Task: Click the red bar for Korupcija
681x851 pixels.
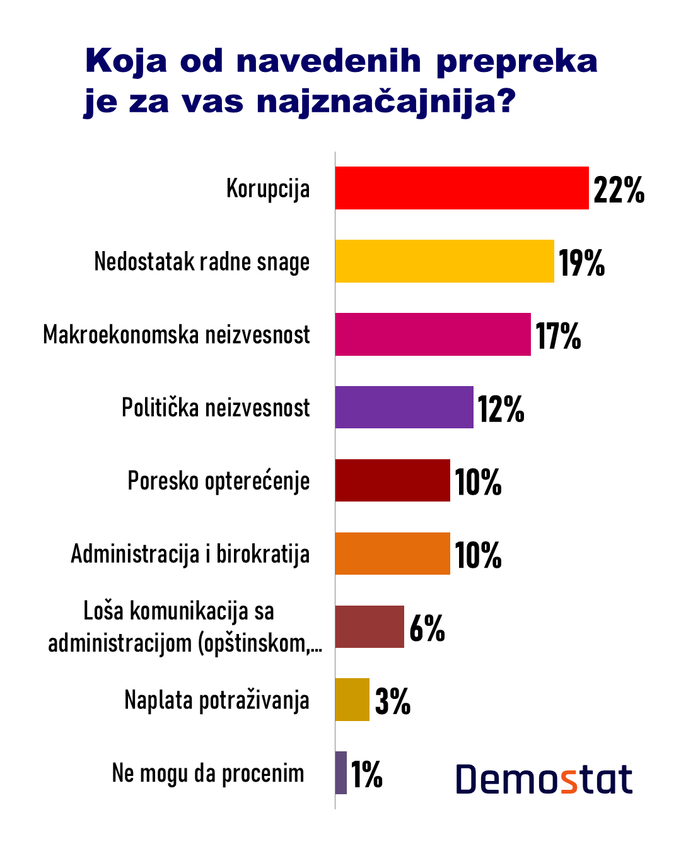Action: tap(462, 188)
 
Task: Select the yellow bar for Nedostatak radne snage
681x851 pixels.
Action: tap(445, 261)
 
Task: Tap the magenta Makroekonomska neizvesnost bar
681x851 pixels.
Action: tap(433, 334)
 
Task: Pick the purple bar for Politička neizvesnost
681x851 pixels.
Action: tap(404, 408)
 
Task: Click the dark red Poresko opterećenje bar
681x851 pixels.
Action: tap(392, 481)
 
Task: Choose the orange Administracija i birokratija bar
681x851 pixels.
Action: tap(392, 554)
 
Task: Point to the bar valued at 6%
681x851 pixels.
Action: tap(370, 626)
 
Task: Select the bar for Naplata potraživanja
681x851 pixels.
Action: tap(352, 700)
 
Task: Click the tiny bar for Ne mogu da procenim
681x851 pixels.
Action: tap(341, 773)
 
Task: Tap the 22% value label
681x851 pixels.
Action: tap(619, 189)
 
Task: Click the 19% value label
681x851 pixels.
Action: tap(581, 262)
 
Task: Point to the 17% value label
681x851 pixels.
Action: tap(558, 336)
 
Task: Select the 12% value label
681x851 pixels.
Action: tap(501, 409)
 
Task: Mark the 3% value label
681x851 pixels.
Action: tap(392, 701)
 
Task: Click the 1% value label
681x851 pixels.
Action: tap(366, 774)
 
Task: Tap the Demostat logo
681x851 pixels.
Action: tap(544, 780)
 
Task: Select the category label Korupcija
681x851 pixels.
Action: tap(268, 189)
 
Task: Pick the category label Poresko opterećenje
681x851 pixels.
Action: tap(219, 481)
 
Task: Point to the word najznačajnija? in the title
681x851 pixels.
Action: tap(386, 102)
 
